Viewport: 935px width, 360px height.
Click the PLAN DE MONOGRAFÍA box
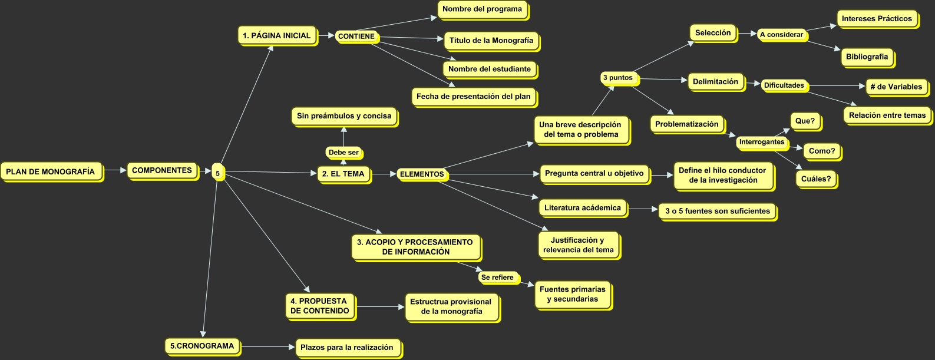(x=51, y=172)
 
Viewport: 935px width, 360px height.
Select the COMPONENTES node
(x=162, y=170)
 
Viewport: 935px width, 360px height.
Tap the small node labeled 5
(x=217, y=173)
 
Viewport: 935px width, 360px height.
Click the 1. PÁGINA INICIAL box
(x=276, y=35)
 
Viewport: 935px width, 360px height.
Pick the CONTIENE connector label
(x=356, y=37)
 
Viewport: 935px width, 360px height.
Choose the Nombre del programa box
(x=482, y=9)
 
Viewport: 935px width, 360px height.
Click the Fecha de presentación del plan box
(x=473, y=97)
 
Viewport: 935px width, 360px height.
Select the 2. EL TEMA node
(x=343, y=174)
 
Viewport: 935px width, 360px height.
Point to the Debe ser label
(x=343, y=153)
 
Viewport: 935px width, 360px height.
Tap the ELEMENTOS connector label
(x=422, y=174)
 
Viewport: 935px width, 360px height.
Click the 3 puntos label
(x=617, y=78)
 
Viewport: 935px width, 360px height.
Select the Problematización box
(x=686, y=124)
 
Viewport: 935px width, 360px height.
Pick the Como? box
(x=821, y=151)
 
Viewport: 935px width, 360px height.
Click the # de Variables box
(x=896, y=87)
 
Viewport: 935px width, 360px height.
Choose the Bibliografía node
(x=867, y=57)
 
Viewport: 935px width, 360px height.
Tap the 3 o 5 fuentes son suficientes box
(x=717, y=211)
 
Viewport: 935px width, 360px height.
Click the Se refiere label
(x=497, y=278)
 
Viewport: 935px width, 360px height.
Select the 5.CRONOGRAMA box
(x=202, y=346)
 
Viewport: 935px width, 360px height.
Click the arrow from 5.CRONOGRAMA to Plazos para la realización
(x=268, y=347)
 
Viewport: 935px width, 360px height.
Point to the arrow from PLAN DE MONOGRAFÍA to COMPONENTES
(x=115, y=171)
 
